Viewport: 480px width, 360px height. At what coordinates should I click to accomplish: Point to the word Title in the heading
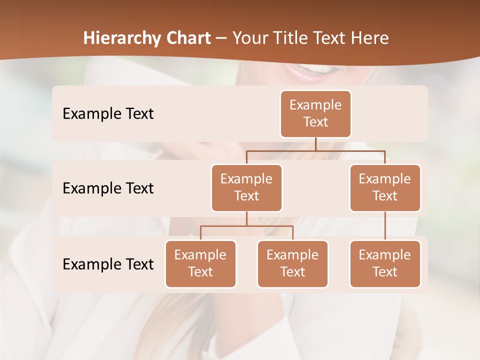click(x=295, y=38)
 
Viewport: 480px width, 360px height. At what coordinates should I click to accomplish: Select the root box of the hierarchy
click(x=315, y=113)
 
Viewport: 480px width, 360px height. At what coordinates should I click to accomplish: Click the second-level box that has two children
click(x=246, y=187)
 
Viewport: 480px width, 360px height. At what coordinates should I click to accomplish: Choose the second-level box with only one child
click(x=385, y=187)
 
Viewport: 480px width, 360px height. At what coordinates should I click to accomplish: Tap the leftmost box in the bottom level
click(x=200, y=263)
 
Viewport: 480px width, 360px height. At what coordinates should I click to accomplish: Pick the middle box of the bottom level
click(x=292, y=263)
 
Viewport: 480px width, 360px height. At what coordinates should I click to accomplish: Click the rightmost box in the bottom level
click(x=385, y=263)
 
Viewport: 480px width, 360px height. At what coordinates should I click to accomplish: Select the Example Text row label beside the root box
click(x=108, y=114)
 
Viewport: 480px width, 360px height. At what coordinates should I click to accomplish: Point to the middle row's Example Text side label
click(x=108, y=188)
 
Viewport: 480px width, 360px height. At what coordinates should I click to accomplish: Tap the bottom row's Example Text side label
click(x=108, y=264)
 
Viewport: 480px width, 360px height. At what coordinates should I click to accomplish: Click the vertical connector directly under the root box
click(x=315, y=144)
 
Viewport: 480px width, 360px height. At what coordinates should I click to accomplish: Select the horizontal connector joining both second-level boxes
click(x=315, y=150)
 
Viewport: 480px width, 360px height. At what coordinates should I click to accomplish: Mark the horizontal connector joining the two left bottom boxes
click(x=246, y=226)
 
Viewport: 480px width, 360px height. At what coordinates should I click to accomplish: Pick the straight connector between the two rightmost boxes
click(x=385, y=226)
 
